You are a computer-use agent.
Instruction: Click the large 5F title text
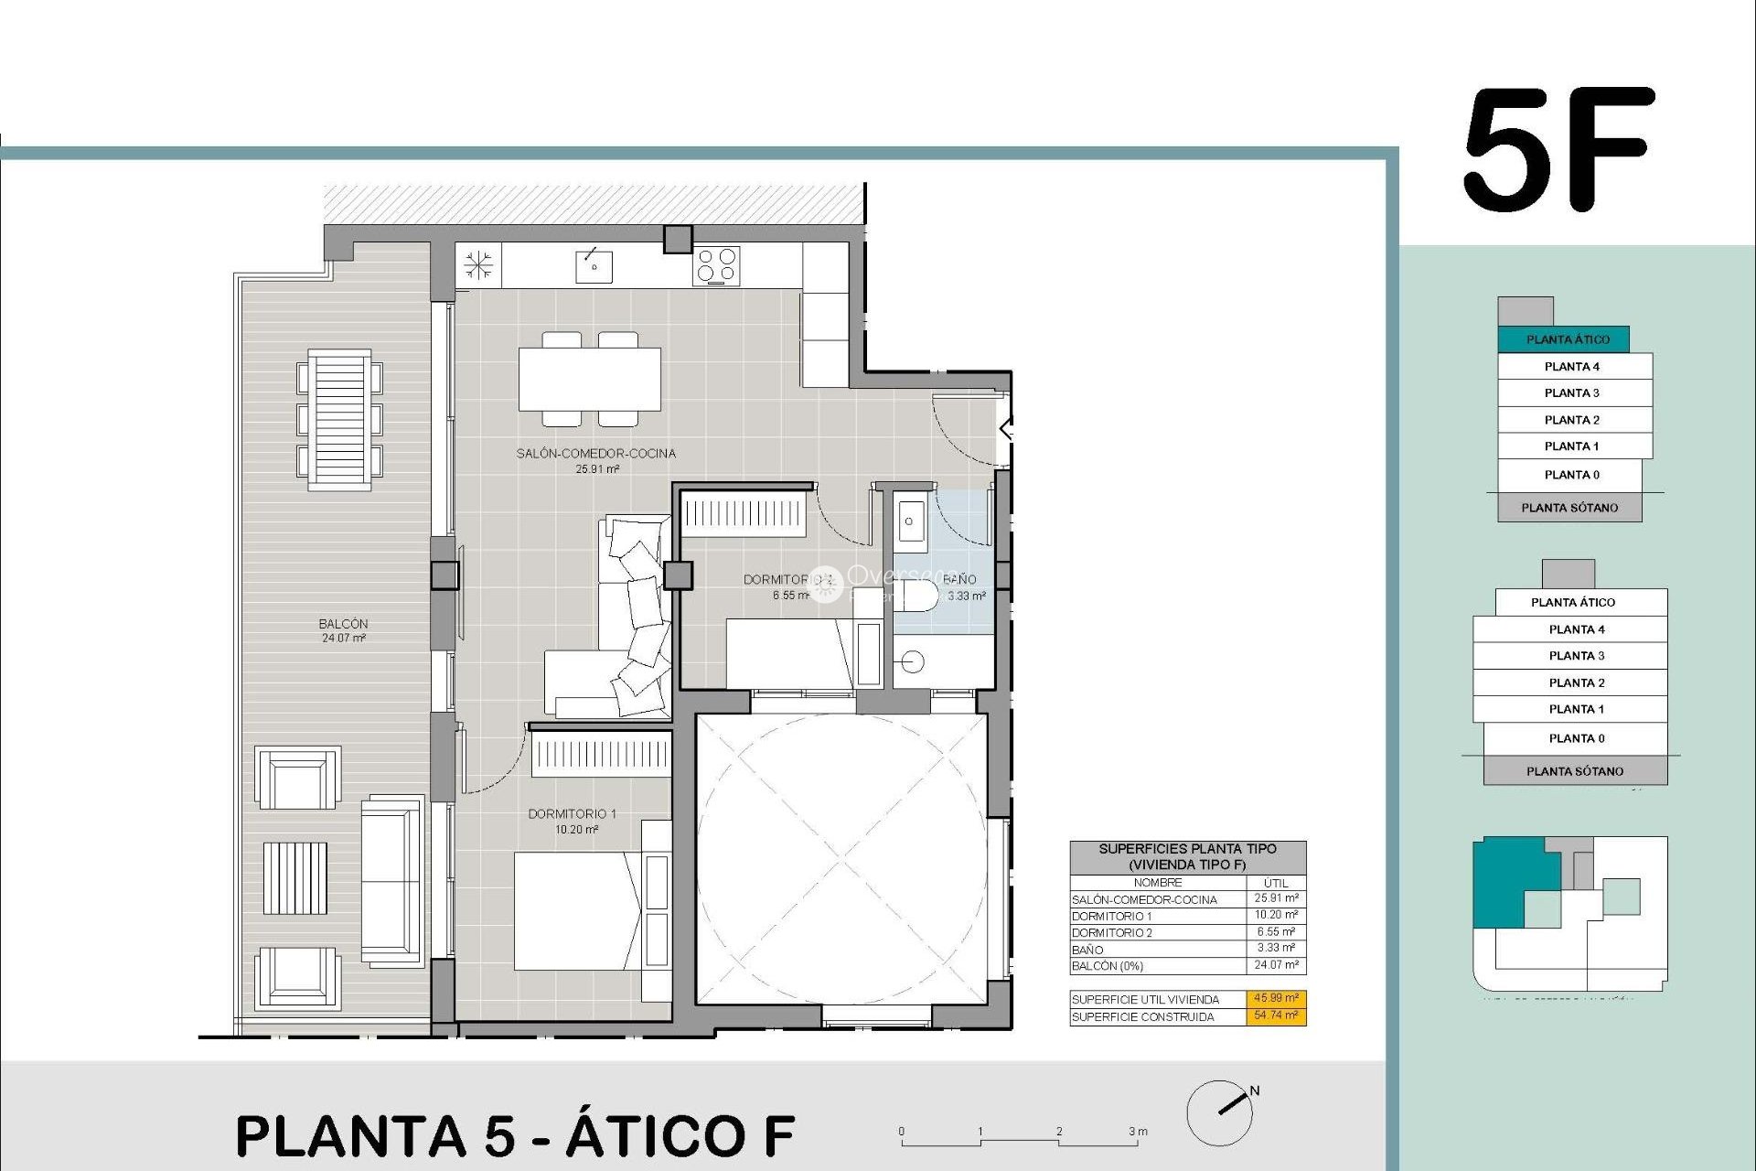click(1559, 150)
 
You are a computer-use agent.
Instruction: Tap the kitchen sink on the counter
click(594, 266)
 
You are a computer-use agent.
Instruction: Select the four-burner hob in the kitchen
click(716, 266)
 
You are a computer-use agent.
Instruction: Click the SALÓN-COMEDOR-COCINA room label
click(595, 454)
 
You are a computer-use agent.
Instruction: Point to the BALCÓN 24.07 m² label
click(343, 630)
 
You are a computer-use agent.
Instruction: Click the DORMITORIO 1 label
click(572, 814)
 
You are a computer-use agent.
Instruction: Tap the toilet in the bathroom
click(917, 596)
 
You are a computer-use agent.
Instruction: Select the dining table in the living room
click(590, 379)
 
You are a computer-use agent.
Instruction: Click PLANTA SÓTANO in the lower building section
click(1574, 771)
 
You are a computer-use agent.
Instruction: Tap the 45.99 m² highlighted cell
click(1276, 999)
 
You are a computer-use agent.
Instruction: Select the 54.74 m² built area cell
click(1276, 1016)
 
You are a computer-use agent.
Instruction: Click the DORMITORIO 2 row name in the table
click(1112, 933)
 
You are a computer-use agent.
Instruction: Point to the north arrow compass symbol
click(1221, 1112)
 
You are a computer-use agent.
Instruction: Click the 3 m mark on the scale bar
click(1137, 1132)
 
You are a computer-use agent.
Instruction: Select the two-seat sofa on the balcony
click(391, 881)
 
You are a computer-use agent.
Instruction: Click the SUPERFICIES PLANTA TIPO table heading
click(1187, 856)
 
